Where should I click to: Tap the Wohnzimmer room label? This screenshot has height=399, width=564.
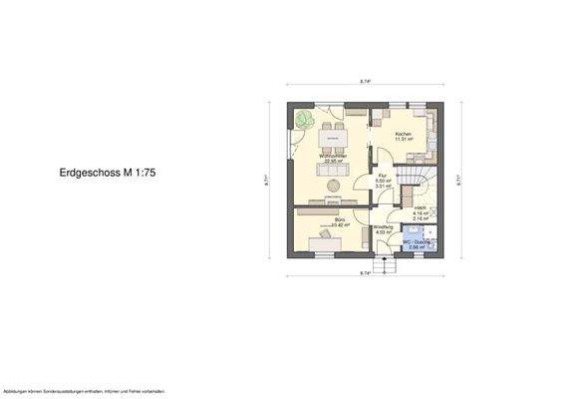pos(333,157)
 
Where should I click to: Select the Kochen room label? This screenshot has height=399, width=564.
pos(404,135)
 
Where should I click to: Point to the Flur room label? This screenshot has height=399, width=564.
pos(381,175)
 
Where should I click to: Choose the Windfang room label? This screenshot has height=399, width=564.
pos(382,226)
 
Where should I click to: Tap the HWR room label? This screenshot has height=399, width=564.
pos(421,207)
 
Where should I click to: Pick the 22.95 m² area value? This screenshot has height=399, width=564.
pos(332,163)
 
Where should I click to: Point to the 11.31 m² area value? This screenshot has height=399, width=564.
pos(404,141)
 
